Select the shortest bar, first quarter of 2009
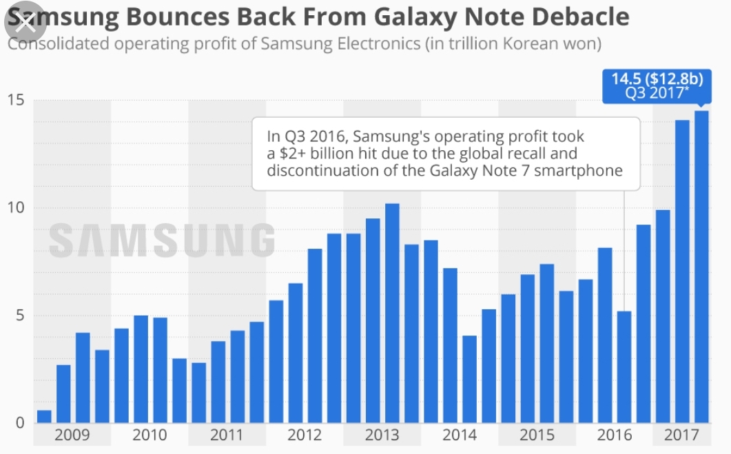coord(44,416)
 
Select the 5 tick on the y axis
coord(18,316)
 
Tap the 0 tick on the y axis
coord(19,423)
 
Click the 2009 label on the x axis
coord(72,435)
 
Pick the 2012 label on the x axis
coord(305,435)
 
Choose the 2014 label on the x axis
coord(460,435)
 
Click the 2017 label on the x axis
coord(682,435)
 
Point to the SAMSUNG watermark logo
coord(161,240)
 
